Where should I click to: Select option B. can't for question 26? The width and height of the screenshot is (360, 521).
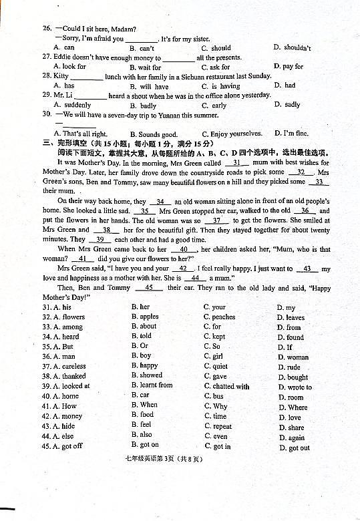point(142,48)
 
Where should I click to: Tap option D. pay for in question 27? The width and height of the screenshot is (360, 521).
point(289,67)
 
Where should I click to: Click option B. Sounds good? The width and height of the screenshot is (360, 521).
point(154,134)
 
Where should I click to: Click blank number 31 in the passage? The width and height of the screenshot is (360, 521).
point(236,163)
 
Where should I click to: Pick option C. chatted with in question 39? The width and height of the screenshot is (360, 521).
point(226,386)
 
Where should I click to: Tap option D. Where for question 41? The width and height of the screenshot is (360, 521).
point(293,407)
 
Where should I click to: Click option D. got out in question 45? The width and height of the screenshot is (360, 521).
point(294,448)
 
